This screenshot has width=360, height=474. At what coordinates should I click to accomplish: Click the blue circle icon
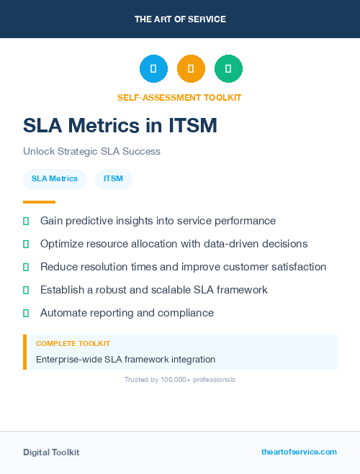[153, 68]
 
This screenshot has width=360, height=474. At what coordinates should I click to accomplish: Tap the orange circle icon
[191, 68]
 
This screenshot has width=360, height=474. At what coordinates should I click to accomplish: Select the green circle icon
[228, 68]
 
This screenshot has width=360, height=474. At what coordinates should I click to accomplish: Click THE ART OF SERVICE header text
[180, 19]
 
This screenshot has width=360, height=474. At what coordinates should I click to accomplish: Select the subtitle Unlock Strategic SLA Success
[91, 152]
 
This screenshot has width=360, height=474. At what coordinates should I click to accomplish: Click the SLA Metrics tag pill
[55, 178]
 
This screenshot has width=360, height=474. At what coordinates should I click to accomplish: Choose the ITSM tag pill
[113, 178]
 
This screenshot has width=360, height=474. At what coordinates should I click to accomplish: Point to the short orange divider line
[39, 202]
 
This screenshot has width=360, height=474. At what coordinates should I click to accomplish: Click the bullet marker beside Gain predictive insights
[26, 221]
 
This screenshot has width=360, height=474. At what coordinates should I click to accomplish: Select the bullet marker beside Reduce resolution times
[26, 267]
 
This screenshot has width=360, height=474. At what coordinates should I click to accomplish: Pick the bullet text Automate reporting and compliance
[127, 313]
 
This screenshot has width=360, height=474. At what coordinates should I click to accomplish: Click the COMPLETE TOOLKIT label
[73, 344]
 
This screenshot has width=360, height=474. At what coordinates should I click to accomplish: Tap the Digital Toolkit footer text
[51, 452]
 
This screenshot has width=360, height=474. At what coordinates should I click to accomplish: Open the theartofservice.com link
[299, 452]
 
